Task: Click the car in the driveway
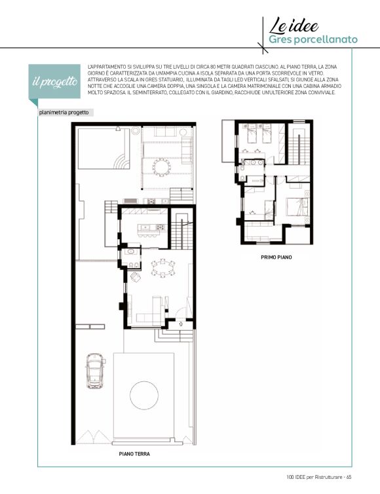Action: [94, 371]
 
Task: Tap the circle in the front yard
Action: [144, 395]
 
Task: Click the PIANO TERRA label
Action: [134, 454]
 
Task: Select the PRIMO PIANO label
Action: [276, 257]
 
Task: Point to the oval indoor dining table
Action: [162, 268]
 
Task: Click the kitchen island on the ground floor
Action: [152, 227]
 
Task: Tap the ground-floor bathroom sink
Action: [130, 252]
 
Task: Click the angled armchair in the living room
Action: [136, 276]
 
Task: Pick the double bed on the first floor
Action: [297, 206]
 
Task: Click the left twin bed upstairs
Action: [251, 133]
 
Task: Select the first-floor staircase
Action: [299, 149]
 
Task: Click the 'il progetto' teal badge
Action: [54, 82]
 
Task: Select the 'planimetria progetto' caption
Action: [64, 113]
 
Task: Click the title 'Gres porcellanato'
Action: [313, 39]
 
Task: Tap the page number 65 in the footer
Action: [349, 477]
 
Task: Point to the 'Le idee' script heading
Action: [294, 26]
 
